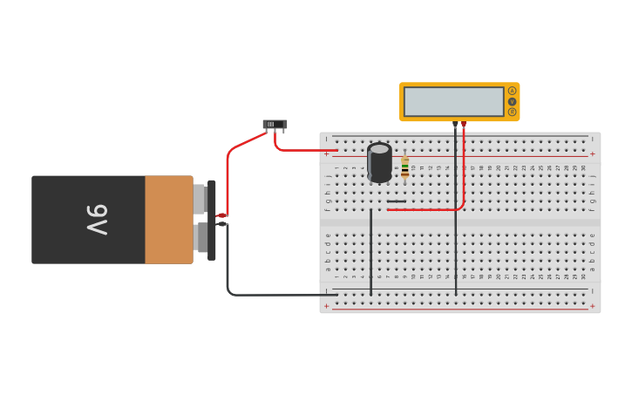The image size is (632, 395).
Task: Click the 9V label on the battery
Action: click(x=97, y=220)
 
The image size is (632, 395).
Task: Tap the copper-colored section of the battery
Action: click(x=168, y=220)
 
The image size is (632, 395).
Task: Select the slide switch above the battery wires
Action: click(x=275, y=125)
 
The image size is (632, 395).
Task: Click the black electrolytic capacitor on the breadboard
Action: click(x=379, y=162)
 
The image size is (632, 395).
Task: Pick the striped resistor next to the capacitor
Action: click(x=404, y=167)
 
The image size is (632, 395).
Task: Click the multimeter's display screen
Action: click(x=453, y=101)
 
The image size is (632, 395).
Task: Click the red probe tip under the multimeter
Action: click(x=464, y=125)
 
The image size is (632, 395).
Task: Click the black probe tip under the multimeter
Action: click(x=455, y=126)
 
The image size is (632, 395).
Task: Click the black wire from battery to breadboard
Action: click(x=262, y=295)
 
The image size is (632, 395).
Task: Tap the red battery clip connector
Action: click(x=221, y=215)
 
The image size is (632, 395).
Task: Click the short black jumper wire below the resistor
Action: click(x=397, y=201)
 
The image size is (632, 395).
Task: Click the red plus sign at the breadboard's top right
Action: click(x=593, y=154)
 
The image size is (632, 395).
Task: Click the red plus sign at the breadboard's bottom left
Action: click(x=327, y=306)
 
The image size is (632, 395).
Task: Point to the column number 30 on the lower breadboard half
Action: click(x=583, y=277)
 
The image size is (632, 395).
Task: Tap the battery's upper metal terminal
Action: click(x=200, y=198)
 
